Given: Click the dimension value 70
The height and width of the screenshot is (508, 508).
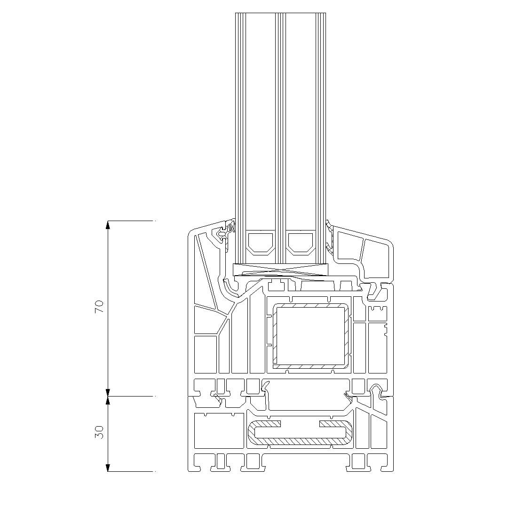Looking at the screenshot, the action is coord(99,307).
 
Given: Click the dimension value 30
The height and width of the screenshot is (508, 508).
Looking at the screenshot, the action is coord(99,432).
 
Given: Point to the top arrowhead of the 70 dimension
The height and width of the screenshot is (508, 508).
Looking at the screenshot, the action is coord(108,225).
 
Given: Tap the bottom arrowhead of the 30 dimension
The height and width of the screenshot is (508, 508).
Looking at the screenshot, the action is coord(108,468).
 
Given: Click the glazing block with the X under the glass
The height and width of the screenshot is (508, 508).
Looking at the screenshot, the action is coord(280,270).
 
